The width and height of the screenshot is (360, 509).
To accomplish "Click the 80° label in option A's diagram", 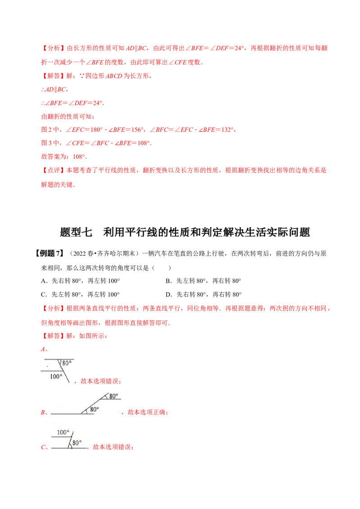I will [67, 363].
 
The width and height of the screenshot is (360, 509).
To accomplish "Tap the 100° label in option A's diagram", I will [56, 377].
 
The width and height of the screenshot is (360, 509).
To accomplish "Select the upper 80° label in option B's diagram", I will [113, 396].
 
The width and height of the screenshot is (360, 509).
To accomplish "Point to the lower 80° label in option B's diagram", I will [94, 409].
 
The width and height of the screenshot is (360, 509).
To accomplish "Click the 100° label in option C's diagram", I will [63, 433].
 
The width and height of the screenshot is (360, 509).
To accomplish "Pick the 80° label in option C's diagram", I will [77, 443].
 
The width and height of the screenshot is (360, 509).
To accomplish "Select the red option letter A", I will [44, 349].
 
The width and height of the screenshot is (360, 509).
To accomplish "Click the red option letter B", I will [44, 412].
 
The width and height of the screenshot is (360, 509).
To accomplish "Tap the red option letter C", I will [44, 447].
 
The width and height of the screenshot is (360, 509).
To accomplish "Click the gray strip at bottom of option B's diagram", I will [72, 414].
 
